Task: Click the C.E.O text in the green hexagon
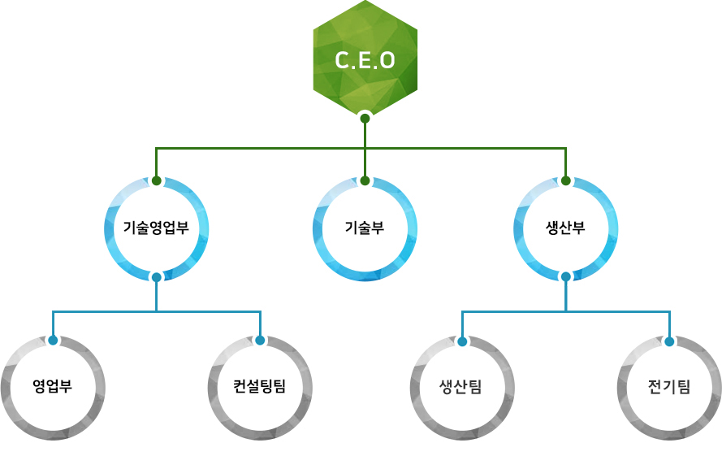(x=365, y=61)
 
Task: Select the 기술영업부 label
(x=156, y=228)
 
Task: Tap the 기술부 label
(x=365, y=228)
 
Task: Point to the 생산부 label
(x=565, y=228)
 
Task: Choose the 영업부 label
(x=53, y=386)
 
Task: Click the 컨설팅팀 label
(x=260, y=386)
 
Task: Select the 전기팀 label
(x=669, y=386)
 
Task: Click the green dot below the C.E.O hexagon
(x=365, y=118)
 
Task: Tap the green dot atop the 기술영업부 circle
(x=156, y=180)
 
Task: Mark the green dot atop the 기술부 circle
(x=365, y=180)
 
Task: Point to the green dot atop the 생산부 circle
(x=565, y=180)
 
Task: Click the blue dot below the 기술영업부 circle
(x=156, y=277)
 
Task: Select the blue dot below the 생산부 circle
(x=565, y=277)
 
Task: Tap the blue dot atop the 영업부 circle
(x=53, y=340)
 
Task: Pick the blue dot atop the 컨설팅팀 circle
(x=260, y=340)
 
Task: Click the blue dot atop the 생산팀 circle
(x=462, y=341)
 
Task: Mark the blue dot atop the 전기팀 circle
(x=669, y=341)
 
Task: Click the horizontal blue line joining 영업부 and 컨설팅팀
(x=106, y=311)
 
